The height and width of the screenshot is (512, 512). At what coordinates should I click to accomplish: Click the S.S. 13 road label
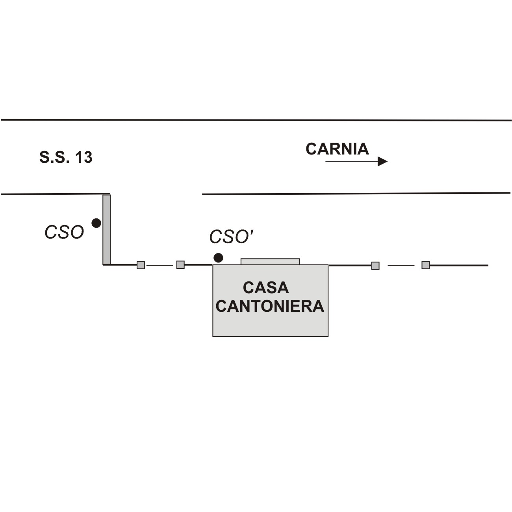66,157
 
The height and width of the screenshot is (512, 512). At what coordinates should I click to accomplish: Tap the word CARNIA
337,149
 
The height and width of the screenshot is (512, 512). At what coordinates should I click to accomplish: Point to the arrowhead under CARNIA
382,161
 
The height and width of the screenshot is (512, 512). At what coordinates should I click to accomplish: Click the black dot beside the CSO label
96,223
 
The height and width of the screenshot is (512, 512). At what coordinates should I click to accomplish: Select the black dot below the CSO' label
218,258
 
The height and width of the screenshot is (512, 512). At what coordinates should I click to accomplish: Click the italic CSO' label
231,237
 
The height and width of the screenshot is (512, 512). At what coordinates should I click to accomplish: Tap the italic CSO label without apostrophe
64,232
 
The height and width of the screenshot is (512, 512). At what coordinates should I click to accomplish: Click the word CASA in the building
266,288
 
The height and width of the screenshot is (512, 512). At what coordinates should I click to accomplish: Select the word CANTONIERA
270,306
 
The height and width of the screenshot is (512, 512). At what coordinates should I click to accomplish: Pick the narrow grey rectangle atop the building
270,261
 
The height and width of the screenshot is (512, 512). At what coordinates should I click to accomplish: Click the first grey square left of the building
141,265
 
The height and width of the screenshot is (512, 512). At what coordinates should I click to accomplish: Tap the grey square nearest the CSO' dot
180,265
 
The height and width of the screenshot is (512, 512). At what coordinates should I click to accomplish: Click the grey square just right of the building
375,266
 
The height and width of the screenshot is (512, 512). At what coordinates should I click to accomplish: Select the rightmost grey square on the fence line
425,265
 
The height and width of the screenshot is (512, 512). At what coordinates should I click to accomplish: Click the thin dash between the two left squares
160,265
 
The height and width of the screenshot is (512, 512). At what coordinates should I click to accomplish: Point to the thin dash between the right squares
401,265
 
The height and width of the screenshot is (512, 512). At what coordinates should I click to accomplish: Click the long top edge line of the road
256,120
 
